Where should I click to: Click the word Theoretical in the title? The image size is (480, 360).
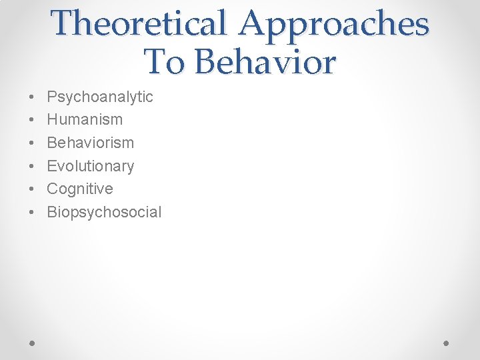pos(139,23)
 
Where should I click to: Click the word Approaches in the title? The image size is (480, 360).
pos(334,23)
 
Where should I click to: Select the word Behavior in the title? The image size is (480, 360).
pos(265,62)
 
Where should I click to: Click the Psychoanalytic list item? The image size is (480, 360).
pos(100,97)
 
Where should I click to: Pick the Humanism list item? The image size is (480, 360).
pos(85,120)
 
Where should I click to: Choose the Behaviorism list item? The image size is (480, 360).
pos(90,143)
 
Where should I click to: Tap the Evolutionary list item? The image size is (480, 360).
pos(90,166)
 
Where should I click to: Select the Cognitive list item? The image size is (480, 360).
pos(80,189)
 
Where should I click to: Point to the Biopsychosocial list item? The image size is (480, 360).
pos(104,212)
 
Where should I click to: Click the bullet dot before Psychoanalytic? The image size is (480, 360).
pos(33,97)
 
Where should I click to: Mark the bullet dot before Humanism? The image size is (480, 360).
pos(33,120)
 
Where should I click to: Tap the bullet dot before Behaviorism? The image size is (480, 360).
pos(33,143)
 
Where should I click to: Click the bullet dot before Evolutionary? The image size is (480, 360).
pos(33,166)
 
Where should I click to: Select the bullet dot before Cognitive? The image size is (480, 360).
pos(33,189)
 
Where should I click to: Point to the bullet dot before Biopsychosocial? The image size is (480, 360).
pos(33,212)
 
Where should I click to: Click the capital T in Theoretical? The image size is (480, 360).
pos(65,23)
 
